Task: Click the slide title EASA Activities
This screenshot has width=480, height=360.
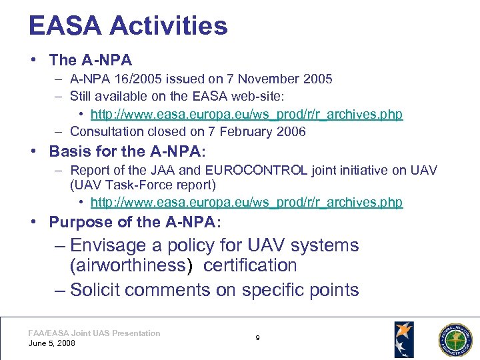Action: (128, 26)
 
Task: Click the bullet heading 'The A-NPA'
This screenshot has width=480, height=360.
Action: (91, 60)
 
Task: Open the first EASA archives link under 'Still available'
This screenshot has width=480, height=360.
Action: (246, 114)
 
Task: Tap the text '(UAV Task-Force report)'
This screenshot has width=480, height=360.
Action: (143, 185)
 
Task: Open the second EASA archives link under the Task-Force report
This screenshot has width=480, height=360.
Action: (246, 202)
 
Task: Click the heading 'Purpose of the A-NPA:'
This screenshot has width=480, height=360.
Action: (135, 222)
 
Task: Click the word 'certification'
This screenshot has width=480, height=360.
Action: (250, 265)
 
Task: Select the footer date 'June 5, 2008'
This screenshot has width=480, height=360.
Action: (53, 343)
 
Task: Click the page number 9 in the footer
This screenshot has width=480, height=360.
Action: (257, 338)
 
